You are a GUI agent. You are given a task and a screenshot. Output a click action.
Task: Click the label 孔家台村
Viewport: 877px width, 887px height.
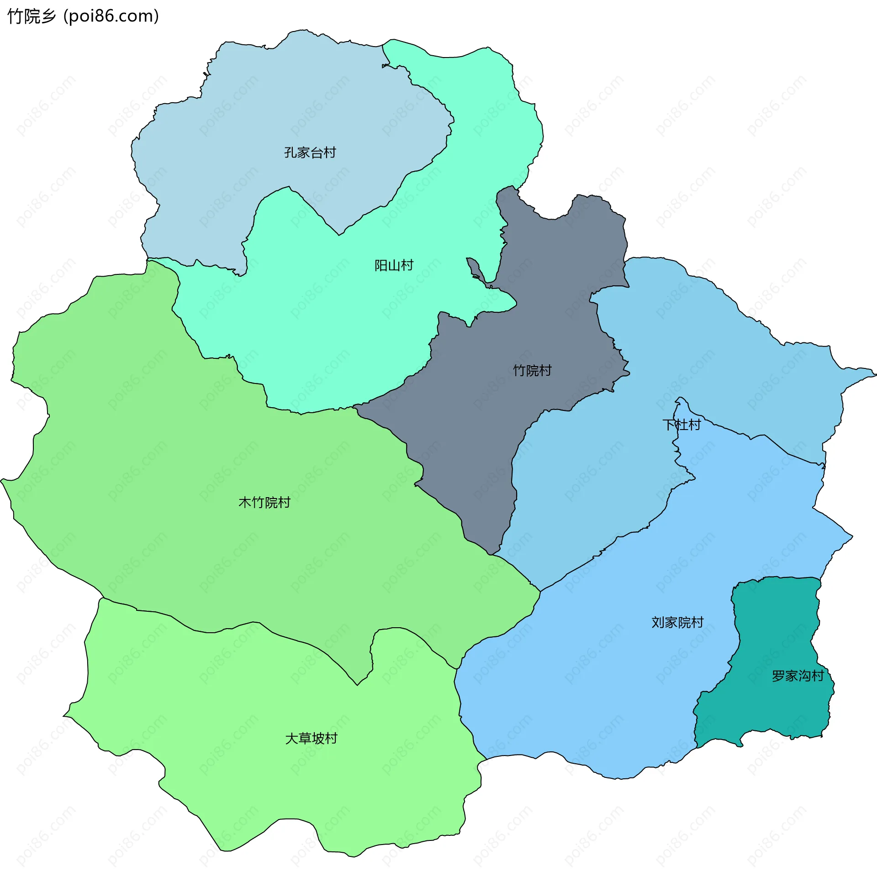(x=310, y=152)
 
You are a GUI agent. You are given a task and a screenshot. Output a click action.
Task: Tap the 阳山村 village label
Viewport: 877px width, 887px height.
(x=394, y=265)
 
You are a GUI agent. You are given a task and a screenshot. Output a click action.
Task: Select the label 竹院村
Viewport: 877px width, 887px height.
(x=532, y=371)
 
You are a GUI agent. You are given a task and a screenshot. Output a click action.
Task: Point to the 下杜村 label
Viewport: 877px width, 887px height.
(x=682, y=425)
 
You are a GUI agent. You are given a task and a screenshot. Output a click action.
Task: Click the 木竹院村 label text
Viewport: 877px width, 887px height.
(x=264, y=503)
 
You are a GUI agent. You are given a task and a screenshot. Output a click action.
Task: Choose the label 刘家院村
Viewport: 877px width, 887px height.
(x=677, y=623)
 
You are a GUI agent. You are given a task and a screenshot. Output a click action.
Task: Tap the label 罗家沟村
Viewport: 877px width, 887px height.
(x=798, y=676)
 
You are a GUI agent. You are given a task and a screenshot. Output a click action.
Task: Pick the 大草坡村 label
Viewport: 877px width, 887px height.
(x=311, y=739)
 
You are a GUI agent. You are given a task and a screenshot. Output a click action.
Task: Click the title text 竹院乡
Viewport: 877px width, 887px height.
(x=31, y=16)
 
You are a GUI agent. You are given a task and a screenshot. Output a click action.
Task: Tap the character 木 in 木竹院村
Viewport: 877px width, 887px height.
(x=245, y=503)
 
